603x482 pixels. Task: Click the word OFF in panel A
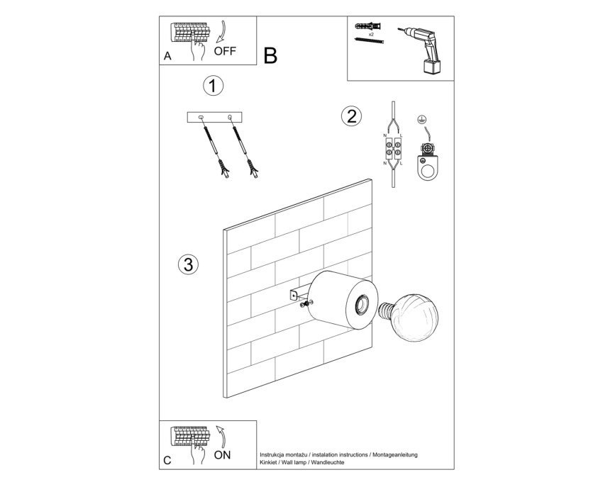[x=225, y=51]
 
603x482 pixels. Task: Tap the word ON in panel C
[x=222, y=455]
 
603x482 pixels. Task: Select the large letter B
[x=270, y=56]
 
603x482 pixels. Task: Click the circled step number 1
[x=213, y=86]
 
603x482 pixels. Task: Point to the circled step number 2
[x=351, y=116]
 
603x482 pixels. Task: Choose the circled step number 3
[x=189, y=264]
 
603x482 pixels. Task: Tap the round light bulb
[x=414, y=317]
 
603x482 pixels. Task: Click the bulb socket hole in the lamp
[x=362, y=306]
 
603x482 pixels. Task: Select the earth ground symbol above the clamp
[x=421, y=120]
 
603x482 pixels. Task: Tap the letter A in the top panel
[x=167, y=56]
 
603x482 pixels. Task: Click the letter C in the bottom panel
[x=167, y=460]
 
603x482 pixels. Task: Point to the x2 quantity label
[x=371, y=34]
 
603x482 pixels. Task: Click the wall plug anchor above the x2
[x=368, y=26]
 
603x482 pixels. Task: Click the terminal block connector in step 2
[x=393, y=150]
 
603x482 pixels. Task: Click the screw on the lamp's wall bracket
[x=305, y=304]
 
